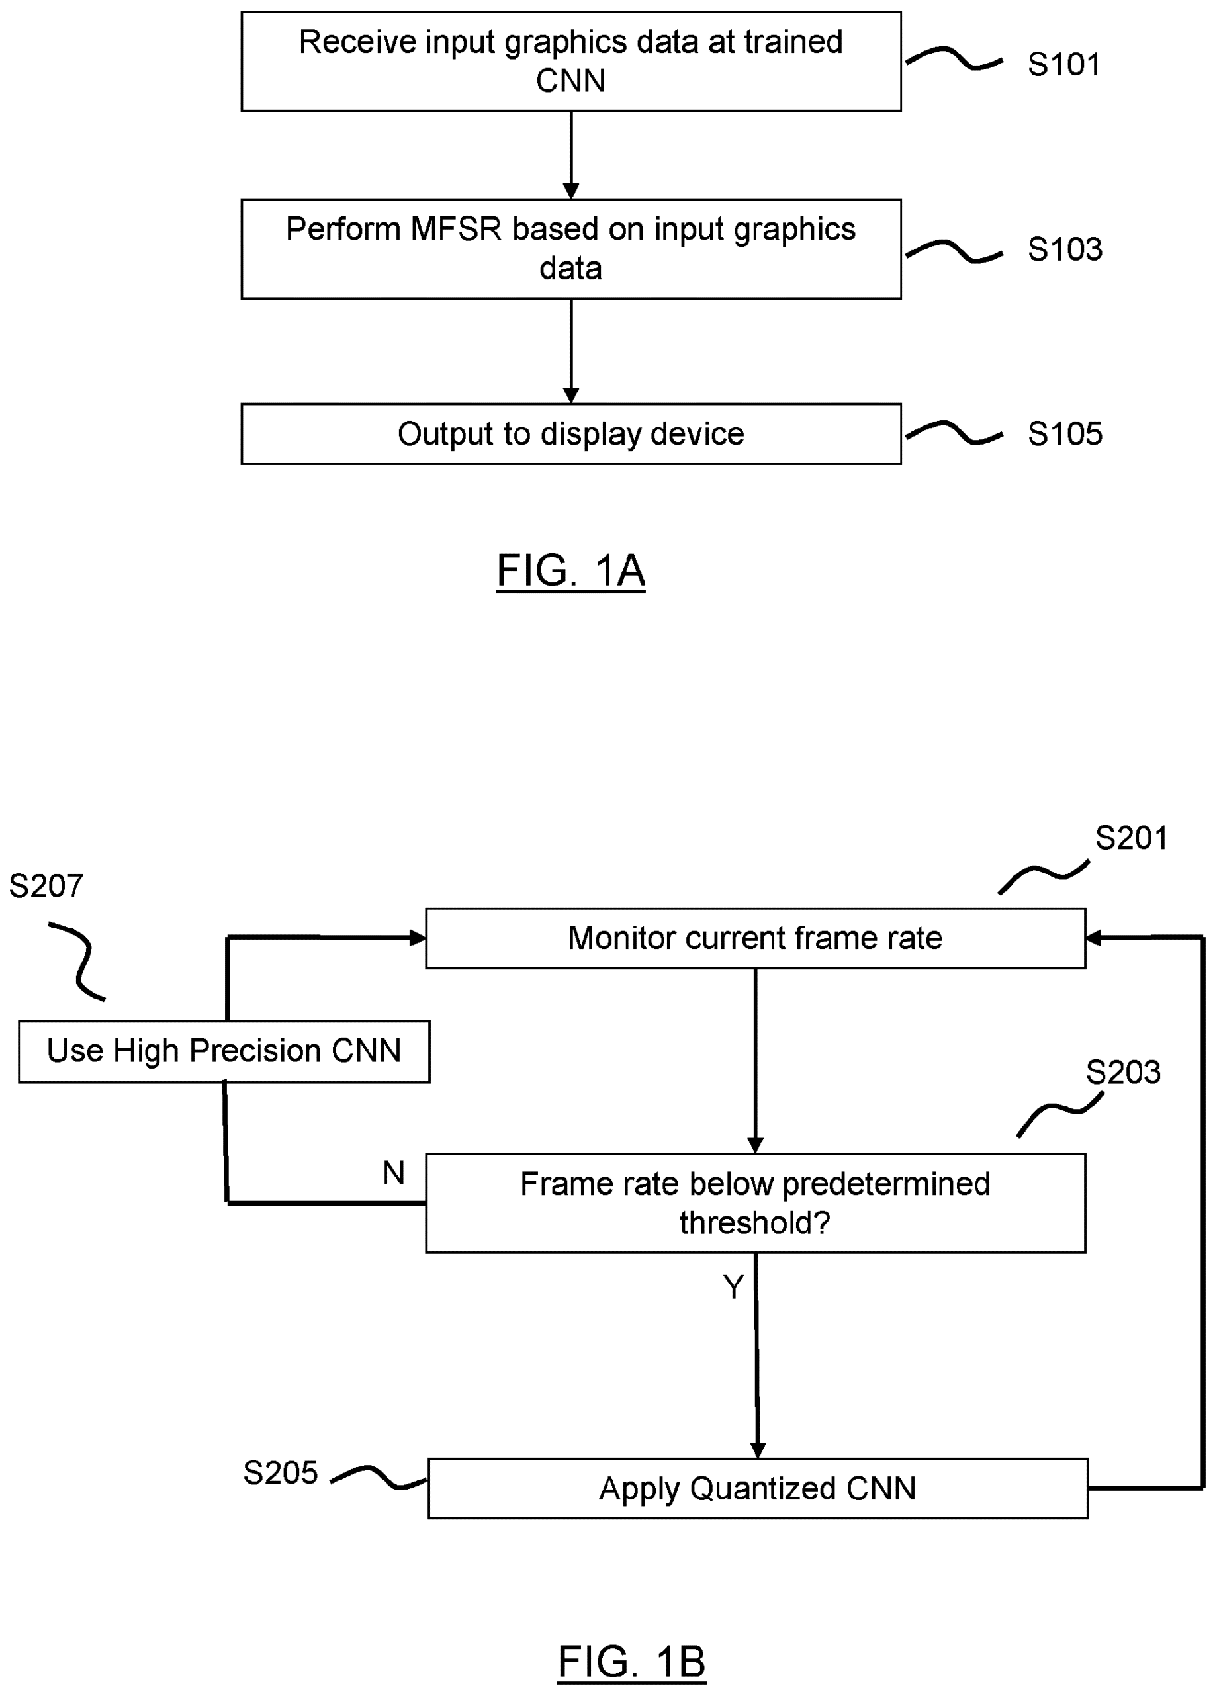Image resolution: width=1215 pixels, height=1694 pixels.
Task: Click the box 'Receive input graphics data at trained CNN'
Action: tap(570, 62)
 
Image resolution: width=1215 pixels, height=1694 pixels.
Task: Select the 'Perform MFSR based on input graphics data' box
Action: tap(570, 249)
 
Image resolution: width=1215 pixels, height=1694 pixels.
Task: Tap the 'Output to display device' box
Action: tap(570, 433)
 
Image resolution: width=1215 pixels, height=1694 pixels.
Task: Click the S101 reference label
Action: tap(1063, 65)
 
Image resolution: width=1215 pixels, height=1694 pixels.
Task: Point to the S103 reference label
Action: tap(1064, 249)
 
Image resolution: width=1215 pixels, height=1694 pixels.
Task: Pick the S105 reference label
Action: tap(1064, 434)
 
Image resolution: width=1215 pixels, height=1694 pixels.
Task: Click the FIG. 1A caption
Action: tap(570, 571)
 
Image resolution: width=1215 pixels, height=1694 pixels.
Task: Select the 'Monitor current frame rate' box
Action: tap(754, 938)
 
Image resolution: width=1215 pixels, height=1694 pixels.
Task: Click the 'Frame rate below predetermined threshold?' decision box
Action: tap(754, 1202)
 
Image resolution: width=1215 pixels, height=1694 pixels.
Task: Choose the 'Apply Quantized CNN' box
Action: tap(757, 1489)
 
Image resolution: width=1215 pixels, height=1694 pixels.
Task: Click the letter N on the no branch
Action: tap(394, 1173)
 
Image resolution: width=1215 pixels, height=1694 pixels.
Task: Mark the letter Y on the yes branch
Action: tap(733, 1287)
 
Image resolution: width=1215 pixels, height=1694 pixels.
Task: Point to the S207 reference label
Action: tap(46, 887)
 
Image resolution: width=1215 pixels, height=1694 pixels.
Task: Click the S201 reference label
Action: tap(1130, 838)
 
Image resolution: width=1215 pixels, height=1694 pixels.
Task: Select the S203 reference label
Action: tap(1122, 1073)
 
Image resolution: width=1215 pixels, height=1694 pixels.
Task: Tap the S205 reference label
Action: tap(280, 1473)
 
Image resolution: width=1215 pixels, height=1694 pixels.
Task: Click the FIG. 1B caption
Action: tap(631, 1662)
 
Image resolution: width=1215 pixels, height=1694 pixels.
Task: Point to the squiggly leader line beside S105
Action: tap(954, 433)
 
